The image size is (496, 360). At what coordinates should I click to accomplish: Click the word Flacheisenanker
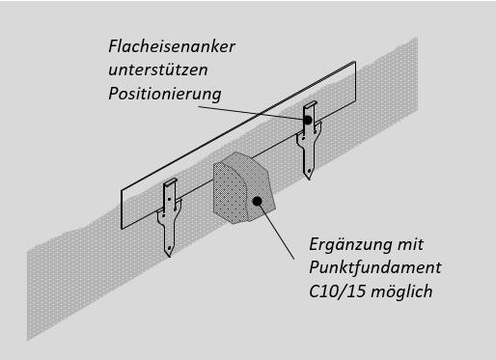coord(172,46)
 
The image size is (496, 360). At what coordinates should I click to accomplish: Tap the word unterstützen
coord(158,69)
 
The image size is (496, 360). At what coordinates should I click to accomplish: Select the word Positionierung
coord(165,94)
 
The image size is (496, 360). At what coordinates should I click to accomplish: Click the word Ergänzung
coord(350,244)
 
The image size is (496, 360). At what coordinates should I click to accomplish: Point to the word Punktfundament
coord(375,267)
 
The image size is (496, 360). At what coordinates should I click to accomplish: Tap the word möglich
coord(401,291)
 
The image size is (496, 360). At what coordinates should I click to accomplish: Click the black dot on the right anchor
coord(308,120)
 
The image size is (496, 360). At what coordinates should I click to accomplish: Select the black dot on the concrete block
coord(257,201)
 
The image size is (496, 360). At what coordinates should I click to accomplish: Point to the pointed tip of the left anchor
coord(169,257)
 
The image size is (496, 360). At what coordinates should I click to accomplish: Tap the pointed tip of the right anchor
coord(310,179)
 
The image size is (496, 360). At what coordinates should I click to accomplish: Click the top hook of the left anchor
coord(170,181)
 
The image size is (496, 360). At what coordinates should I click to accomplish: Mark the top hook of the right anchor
coord(311,104)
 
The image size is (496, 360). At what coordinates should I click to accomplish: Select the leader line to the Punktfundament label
coord(276,231)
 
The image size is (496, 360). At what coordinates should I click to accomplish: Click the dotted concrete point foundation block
coord(244,188)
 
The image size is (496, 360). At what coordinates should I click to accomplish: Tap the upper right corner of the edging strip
coord(355,62)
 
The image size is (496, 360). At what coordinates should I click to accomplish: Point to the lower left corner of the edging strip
coord(122,229)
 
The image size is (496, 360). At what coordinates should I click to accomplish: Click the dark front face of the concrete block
coord(230,193)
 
